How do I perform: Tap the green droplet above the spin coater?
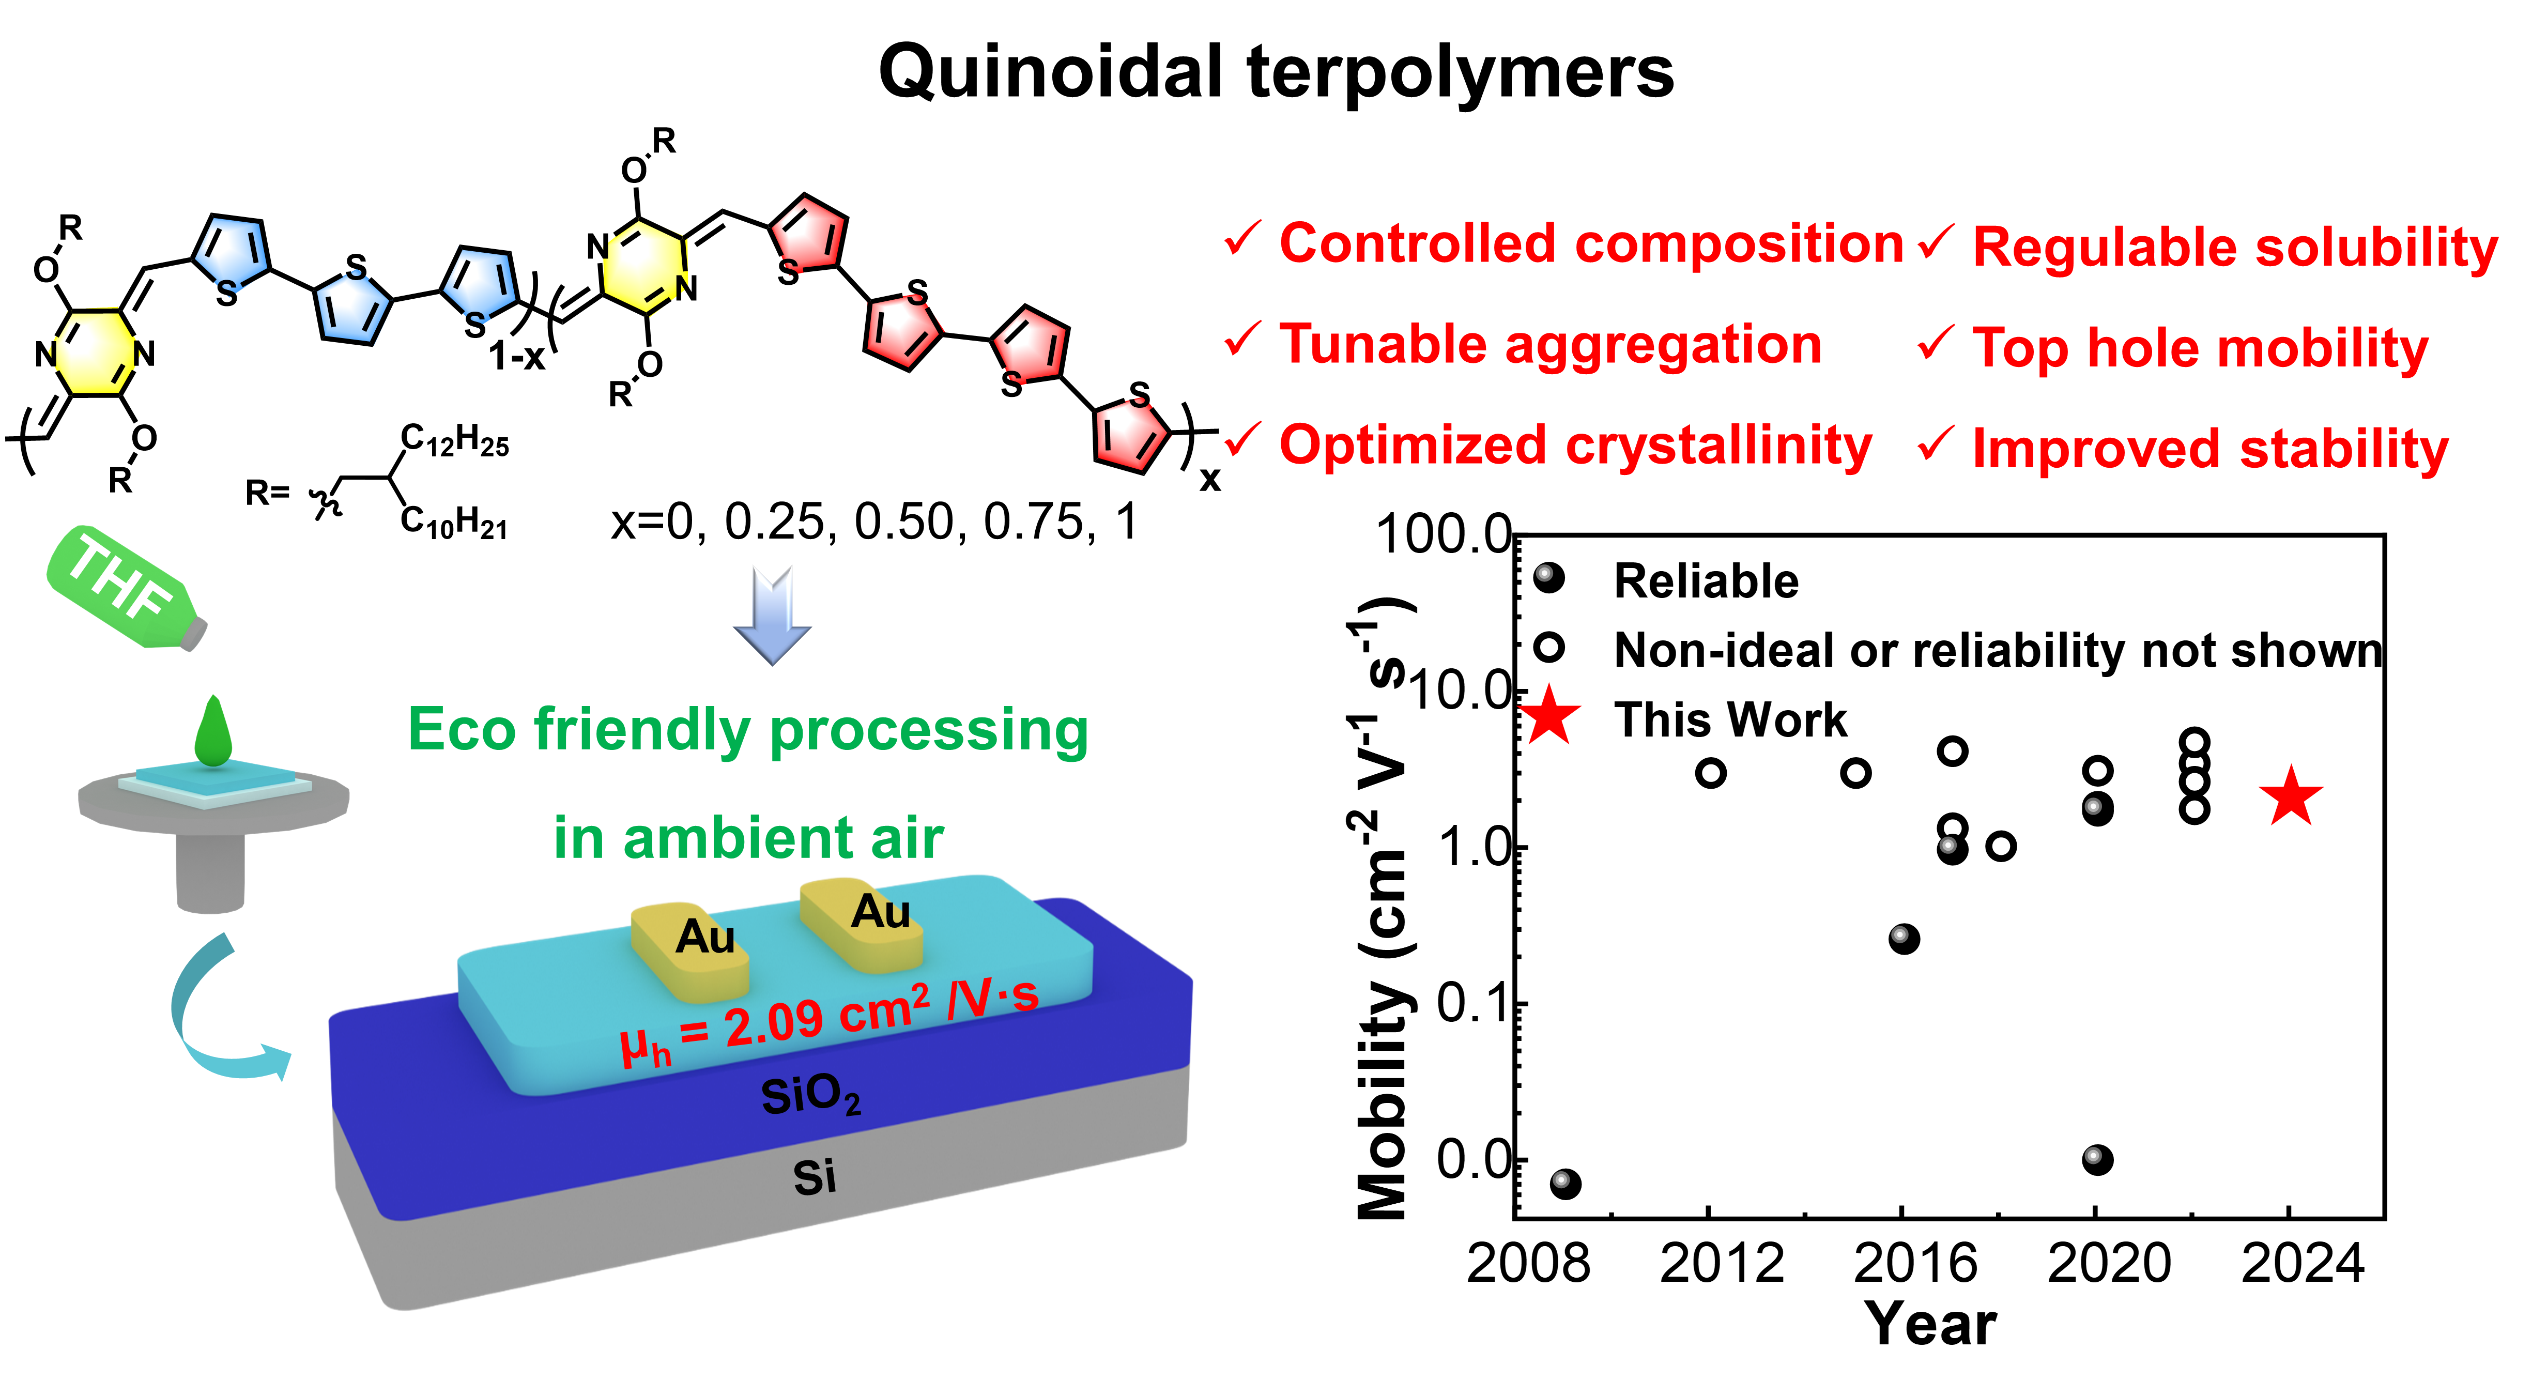212,732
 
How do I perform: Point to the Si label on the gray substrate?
814,1176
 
